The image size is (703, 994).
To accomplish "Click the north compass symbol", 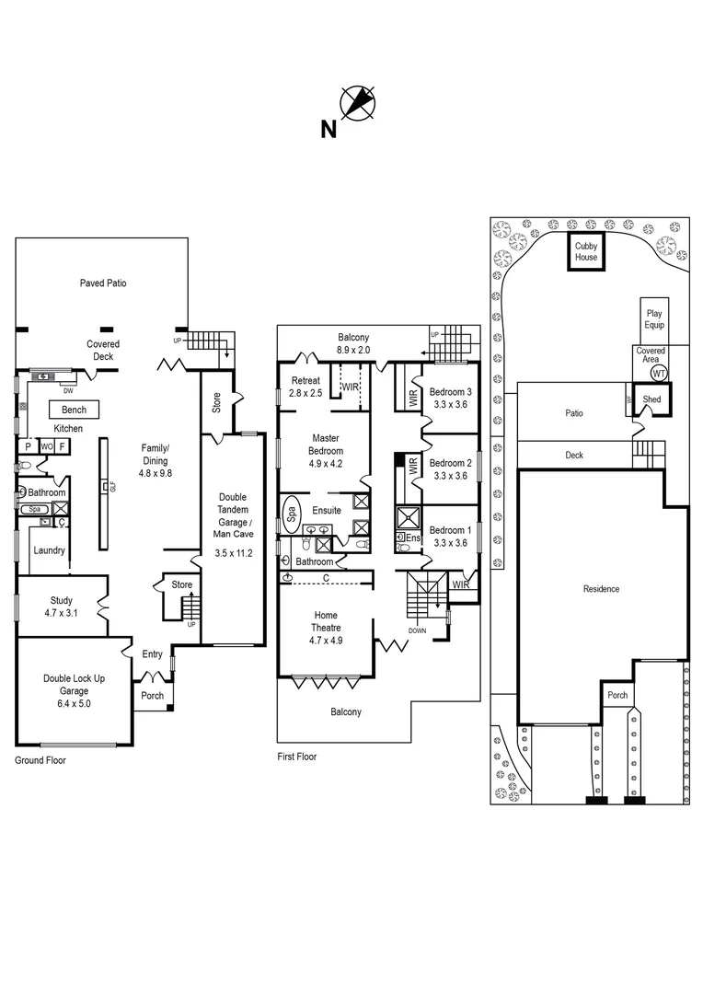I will click(x=358, y=102).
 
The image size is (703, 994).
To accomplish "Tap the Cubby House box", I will click(x=586, y=252).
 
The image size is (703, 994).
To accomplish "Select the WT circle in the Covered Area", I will click(x=659, y=374).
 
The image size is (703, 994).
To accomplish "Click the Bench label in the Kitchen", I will click(x=74, y=410).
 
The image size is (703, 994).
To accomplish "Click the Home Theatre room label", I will click(x=326, y=621).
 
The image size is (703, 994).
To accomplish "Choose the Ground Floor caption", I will click(x=40, y=761).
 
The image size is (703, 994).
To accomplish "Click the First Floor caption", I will click(x=296, y=757).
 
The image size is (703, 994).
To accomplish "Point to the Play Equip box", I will click(x=653, y=319).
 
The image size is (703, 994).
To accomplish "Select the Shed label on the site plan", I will click(x=651, y=399).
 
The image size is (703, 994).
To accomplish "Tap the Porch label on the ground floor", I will click(x=152, y=696).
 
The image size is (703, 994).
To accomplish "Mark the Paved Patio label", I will click(x=103, y=283).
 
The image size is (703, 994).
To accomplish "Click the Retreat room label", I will click(x=305, y=381).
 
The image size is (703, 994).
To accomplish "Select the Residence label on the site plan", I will click(x=602, y=589).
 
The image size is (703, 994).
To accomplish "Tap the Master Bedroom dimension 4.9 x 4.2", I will click(x=327, y=464).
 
